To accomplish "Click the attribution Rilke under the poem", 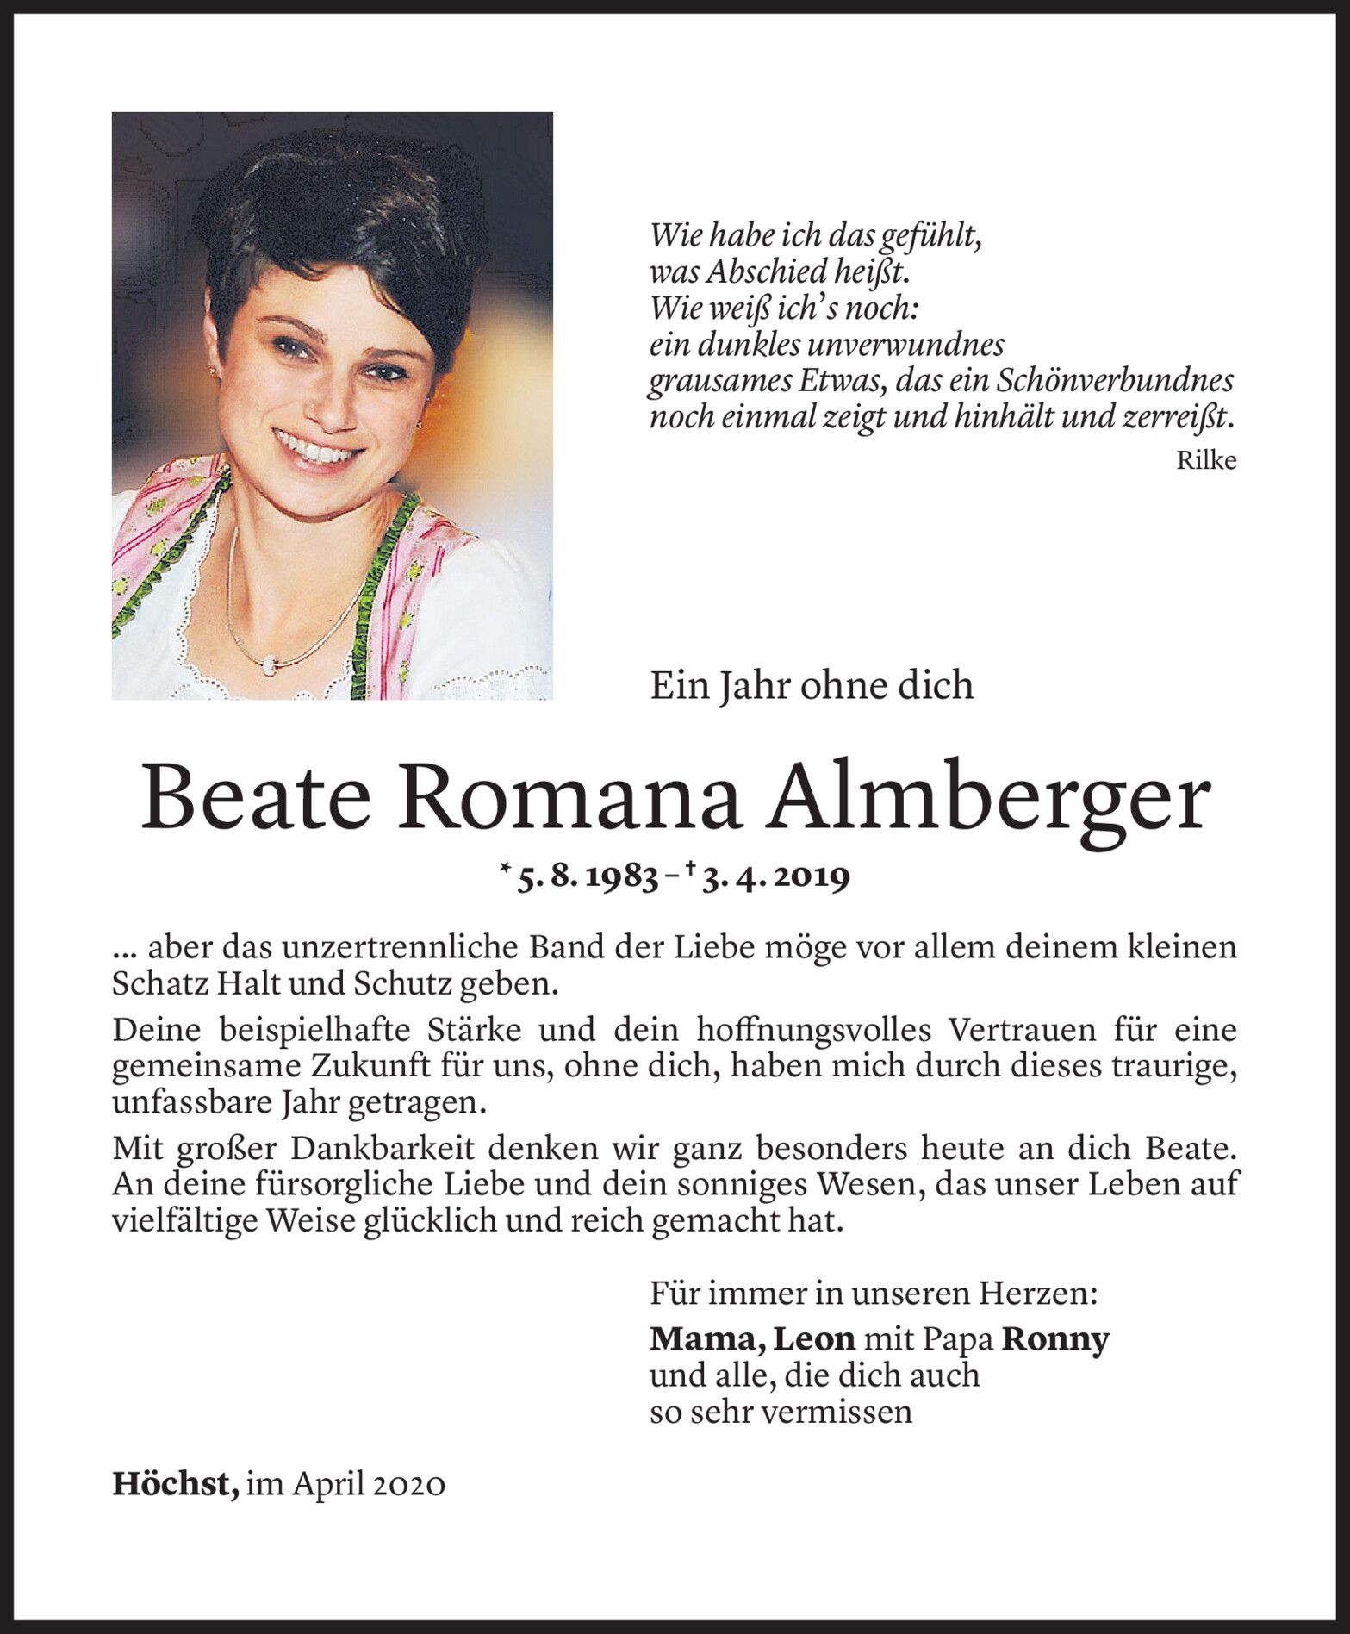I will pos(1206,461).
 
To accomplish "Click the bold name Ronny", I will pos(1055,1338).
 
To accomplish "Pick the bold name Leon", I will pos(813,1338).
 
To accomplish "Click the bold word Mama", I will pos(706,1339).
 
